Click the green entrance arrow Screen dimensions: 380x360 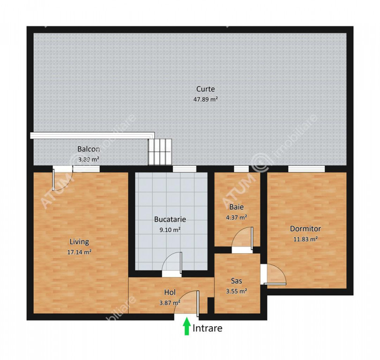click(186, 326)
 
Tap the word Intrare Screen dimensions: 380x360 click(208, 328)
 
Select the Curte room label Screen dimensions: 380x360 click(206, 89)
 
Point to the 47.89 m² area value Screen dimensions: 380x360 click(206, 99)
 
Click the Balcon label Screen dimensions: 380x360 click(89, 149)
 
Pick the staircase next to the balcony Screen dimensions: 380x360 click(160, 152)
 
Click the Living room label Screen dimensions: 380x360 click(79, 242)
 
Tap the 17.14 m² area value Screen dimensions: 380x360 click(79, 252)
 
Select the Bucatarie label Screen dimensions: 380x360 click(170, 219)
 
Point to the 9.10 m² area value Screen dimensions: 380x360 click(170, 230)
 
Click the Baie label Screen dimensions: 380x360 click(237, 207)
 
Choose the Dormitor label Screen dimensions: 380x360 click(305, 229)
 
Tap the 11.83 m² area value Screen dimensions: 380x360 click(305, 239)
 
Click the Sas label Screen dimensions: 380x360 click(236, 281)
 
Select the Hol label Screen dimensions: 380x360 click(170, 292)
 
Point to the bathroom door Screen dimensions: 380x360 click(242, 238)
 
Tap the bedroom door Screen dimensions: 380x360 click(273, 274)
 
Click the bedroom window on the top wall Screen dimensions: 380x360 click(306, 169)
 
